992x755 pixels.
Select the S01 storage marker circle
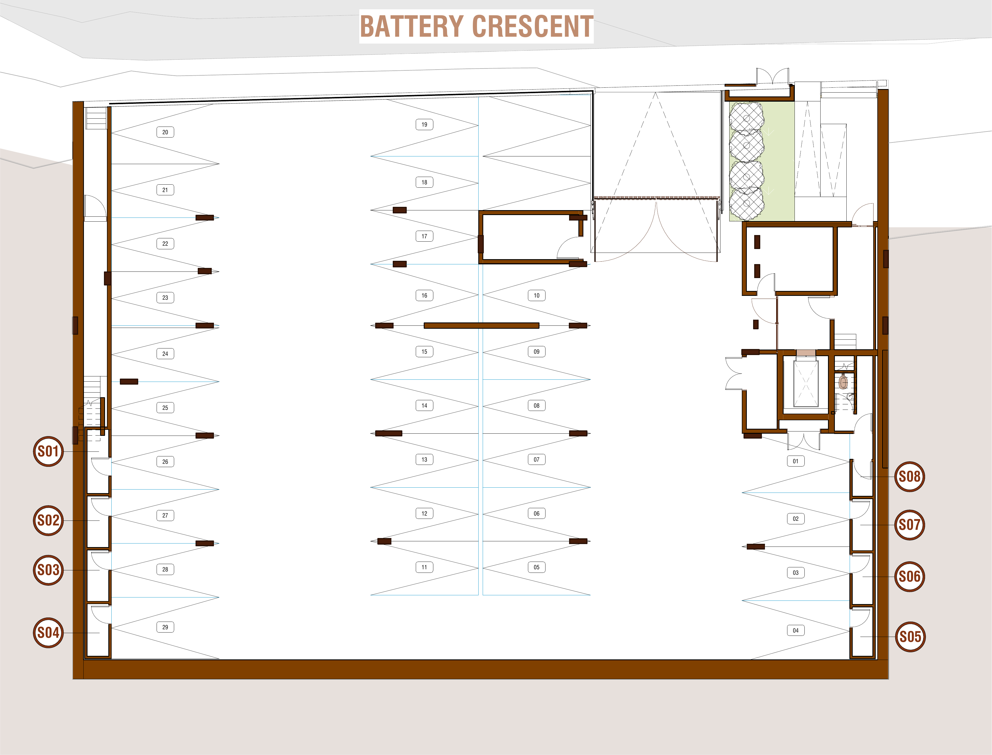coord(48,451)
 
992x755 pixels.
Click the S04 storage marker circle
coord(48,633)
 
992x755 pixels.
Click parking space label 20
coord(165,132)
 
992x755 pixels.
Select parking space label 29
coord(165,627)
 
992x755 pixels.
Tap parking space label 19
coord(424,124)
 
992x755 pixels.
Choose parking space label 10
coord(536,295)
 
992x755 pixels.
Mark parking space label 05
coord(536,567)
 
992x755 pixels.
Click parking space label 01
coord(795,461)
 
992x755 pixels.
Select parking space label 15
coord(424,351)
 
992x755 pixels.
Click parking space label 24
coord(165,354)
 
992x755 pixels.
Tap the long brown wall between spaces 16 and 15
coord(481,325)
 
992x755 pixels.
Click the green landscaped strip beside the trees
coord(779,162)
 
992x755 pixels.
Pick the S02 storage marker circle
coord(48,521)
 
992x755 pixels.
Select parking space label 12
coord(424,513)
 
